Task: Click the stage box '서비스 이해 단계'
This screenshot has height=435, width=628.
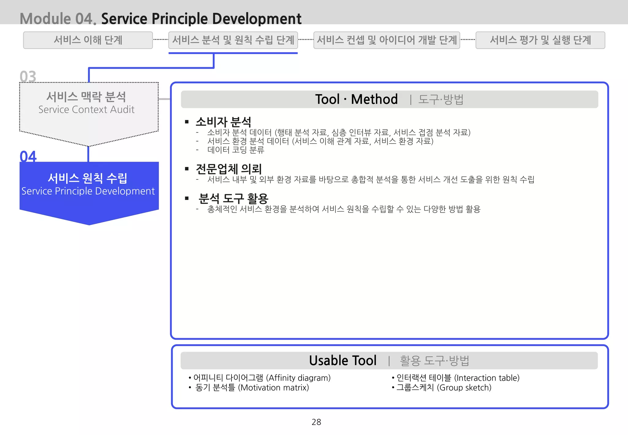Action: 88,40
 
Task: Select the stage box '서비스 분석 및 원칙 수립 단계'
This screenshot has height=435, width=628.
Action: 233,40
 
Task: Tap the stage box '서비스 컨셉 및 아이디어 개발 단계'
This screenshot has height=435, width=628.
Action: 387,40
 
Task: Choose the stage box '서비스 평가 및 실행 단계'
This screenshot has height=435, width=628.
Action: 540,40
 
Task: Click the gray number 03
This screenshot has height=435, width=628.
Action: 28,76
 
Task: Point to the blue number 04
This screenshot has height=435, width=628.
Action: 28,156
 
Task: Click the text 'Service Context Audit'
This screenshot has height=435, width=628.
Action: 86,110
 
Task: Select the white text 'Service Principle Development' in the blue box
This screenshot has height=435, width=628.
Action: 88,191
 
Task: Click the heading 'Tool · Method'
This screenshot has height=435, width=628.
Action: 356,99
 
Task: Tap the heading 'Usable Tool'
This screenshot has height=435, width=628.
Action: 343,360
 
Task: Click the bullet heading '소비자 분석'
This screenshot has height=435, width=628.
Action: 223,122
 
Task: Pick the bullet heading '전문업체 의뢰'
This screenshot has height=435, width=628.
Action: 228,169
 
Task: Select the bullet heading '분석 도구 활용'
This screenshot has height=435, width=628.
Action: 233,198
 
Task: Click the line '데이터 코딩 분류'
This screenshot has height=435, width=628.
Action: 235,150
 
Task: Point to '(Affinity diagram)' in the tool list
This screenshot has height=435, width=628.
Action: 298,378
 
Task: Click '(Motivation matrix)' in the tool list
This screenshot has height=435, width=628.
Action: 273,388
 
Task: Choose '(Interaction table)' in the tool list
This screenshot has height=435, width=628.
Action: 487,378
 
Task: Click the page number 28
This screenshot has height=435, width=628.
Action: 316,422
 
